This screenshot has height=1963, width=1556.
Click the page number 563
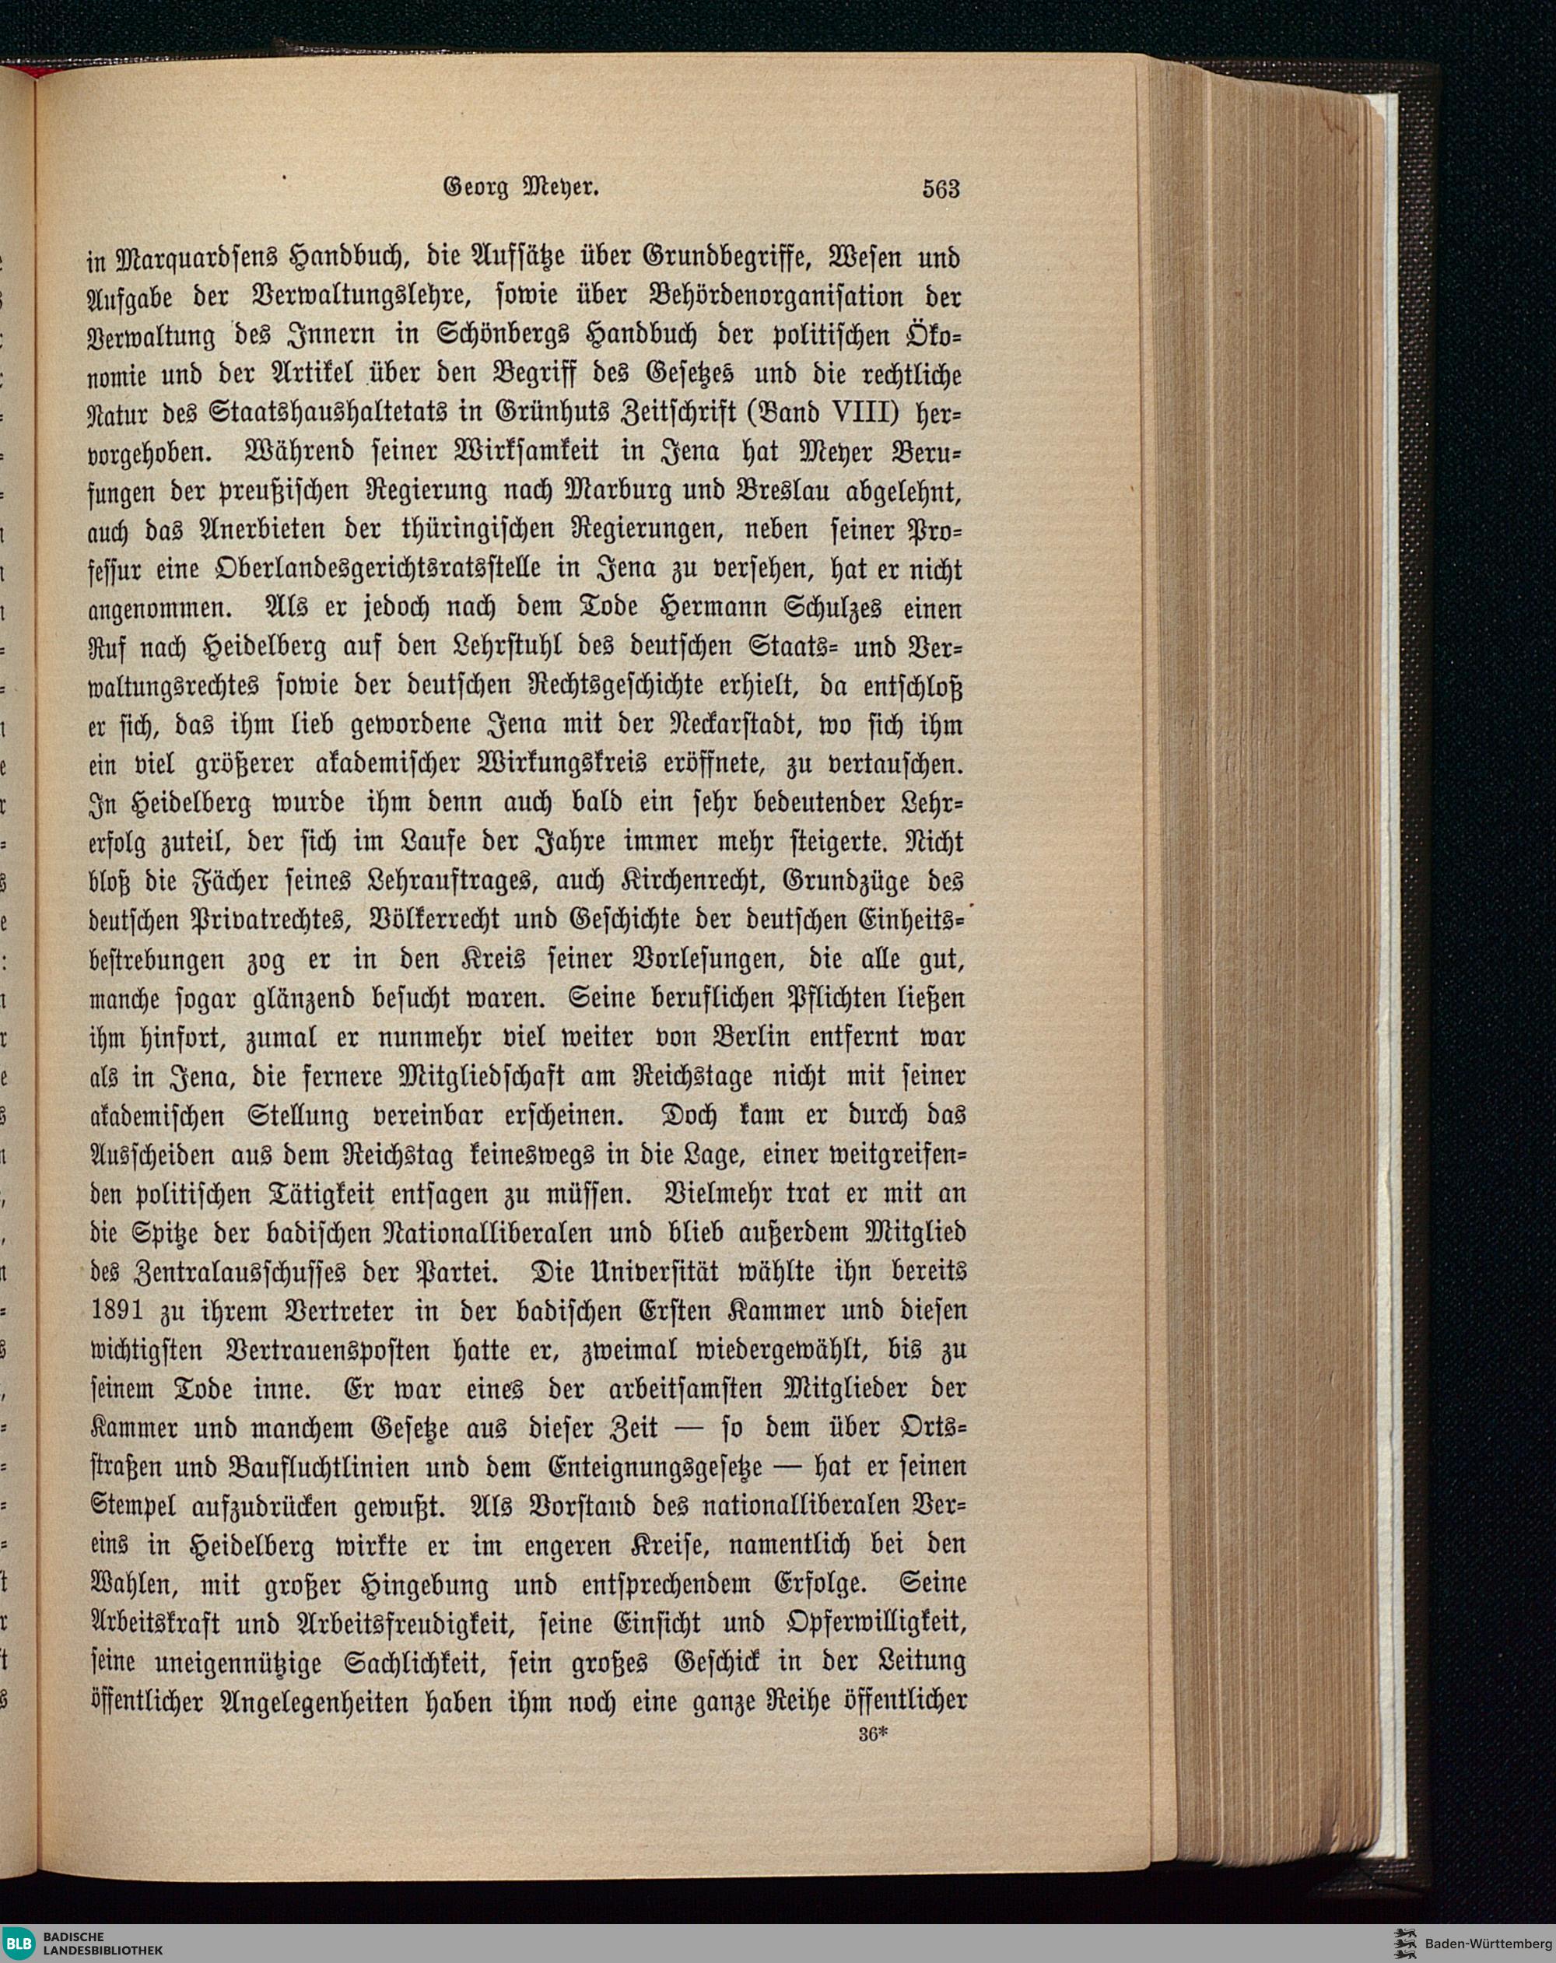point(941,188)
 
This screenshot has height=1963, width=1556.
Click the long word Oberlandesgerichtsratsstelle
point(355,571)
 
